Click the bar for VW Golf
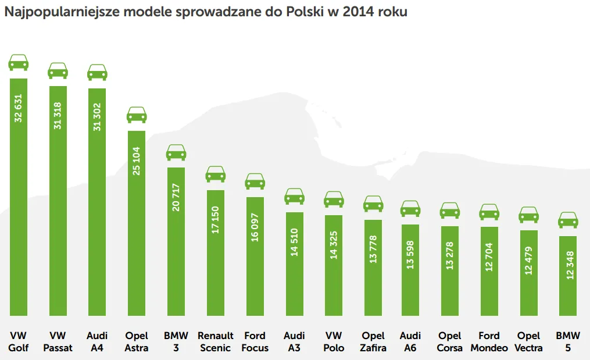tap(19, 197)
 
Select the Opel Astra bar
tap(137, 223)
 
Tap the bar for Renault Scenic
tap(216, 252)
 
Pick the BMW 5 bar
tap(568, 276)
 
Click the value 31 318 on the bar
tap(58, 116)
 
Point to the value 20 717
tap(176, 197)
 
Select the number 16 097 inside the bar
tap(255, 227)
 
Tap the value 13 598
tap(410, 255)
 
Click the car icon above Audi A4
tap(97, 72)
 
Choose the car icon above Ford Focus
tap(255, 181)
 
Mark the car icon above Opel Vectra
tap(528, 215)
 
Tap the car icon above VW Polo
tap(334, 199)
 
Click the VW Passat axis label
tap(58, 341)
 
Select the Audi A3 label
tap(294, 341)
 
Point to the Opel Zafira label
tap(373, 341)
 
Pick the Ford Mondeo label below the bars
tap(489, 341)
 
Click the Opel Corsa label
tap(450, 341)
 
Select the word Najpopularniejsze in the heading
tap(62, 12)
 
